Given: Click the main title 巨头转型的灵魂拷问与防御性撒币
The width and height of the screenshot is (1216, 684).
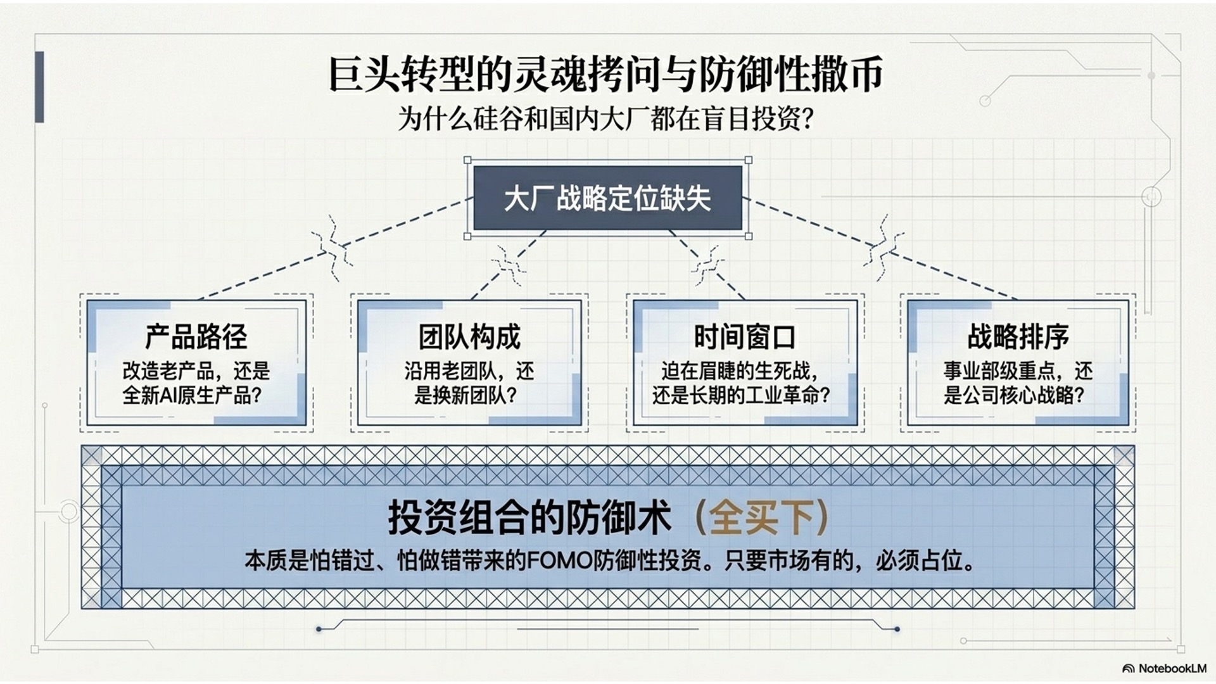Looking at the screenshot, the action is click(606, 75).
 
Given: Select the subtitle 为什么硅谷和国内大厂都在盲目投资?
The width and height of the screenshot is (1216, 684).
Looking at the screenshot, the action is click(606, 118).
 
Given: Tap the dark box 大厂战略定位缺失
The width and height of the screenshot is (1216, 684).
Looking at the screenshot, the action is click(607, 198).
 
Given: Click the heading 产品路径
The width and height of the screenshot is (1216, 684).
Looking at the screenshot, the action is click(196, 336).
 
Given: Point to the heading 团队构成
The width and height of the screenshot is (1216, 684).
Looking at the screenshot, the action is click(469, 336).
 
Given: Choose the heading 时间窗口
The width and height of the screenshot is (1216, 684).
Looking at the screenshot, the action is click(745, 336).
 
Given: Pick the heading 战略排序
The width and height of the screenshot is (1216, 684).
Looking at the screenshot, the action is click(1018, 336).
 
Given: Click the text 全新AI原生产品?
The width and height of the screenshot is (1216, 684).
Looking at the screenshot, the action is click(193, 395).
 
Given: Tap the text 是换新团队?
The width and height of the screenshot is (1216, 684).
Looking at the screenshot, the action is click(466, 395).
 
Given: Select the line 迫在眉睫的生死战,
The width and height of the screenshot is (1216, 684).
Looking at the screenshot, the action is click(740, 370).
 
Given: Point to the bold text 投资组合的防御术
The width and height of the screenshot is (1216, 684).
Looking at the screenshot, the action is click(529, 517).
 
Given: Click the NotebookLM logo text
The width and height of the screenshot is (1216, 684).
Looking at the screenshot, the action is click(1172, 668).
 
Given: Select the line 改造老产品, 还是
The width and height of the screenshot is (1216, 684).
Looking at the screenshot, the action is click(196, 370).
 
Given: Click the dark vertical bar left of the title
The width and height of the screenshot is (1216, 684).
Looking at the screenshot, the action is click(39, 87).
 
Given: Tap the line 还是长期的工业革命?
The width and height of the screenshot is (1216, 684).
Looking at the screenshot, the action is click(741, 395).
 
